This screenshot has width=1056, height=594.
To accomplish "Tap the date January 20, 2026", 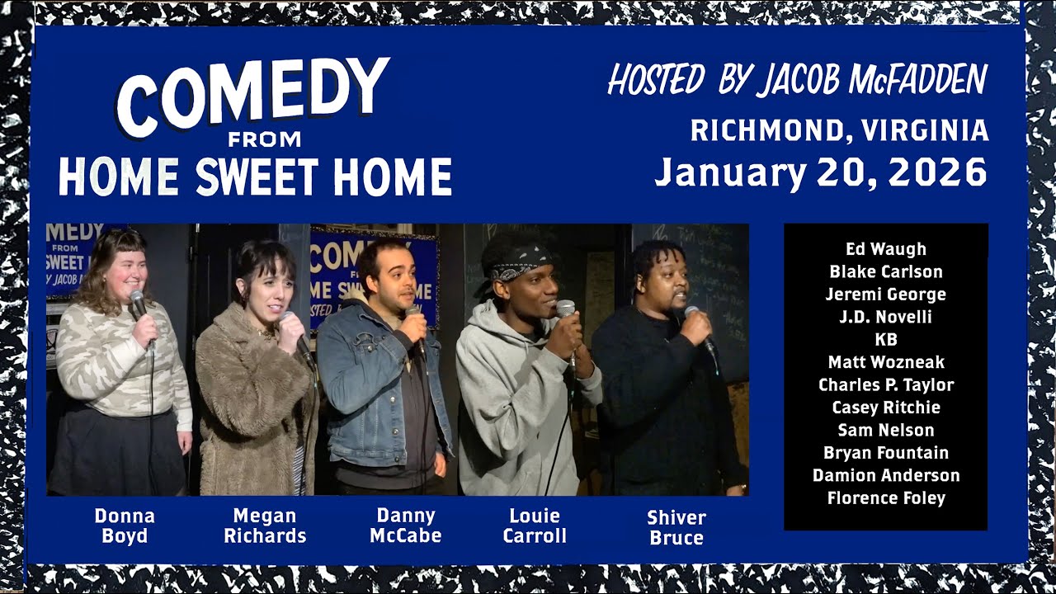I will tap(821, 173).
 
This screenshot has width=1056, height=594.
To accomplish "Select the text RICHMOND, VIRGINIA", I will tap(839, 130).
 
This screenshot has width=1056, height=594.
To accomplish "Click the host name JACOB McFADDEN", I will tap(873, 80).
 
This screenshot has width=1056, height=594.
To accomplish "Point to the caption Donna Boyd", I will tap(125, 526).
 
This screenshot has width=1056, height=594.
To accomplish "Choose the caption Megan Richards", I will tap(264, 526).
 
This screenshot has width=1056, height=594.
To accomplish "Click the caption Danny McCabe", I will tap(405, 526).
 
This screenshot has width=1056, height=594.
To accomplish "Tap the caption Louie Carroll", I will tap(535, 526).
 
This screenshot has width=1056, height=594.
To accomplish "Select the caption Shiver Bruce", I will tap(676, 527).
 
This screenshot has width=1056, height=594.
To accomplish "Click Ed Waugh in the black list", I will tap(886, 249).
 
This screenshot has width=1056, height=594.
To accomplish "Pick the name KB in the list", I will tap(886, 339).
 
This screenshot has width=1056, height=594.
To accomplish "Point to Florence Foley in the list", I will tap(886, 497).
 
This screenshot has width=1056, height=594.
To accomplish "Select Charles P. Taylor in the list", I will tap(886, 384).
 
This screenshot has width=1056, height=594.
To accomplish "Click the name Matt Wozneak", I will tap(886, 362).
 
